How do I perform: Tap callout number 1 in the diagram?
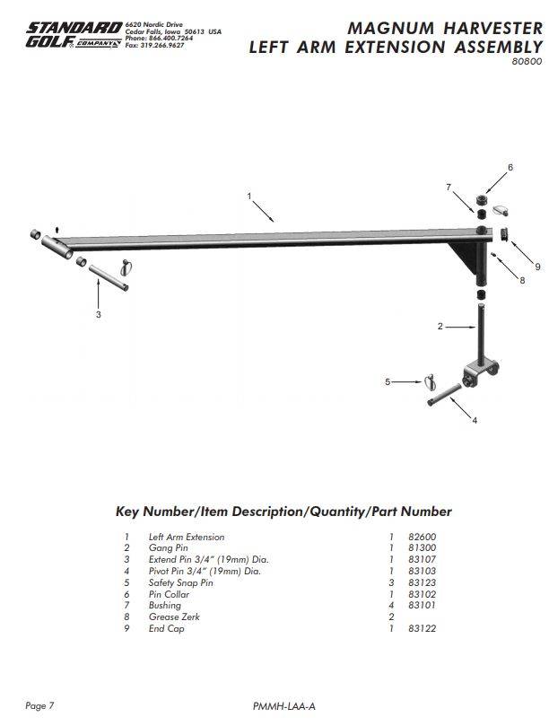pyautogui.click(x=249, y=195)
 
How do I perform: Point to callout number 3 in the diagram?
pyautogui.click(x=98, y=315)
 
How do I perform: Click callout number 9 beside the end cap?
pyautogui.click(x=536, y=267)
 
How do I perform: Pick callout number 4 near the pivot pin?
pyautogui.click(x=474, y=420)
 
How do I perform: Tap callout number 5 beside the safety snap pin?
pyautogui.click(x=388, y=382)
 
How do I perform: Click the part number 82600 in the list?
pyautogui.click(x=421, y=537)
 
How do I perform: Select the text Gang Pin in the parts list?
pyautogui.click(x=168, y=547)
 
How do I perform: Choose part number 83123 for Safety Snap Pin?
pyautogui.click(x=421, y=582)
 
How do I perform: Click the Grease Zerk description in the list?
pyautogui.click(x=174, y=617)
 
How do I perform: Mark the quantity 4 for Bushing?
pyautogui.click(x=391, y=606)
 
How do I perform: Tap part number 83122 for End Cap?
pyautogui.click(x=421, y=628)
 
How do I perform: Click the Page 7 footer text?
pyautogui.click(x=39, y=705)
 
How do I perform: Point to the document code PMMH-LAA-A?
pyautogui.click(x=284, y=707)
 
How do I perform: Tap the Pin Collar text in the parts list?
pyautogui.click(x=169, y=594)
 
